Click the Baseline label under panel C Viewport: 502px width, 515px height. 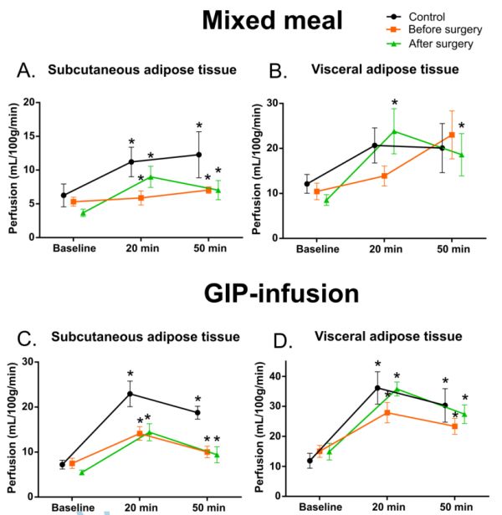point(74,507)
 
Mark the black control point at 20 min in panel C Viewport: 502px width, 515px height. point(131,394)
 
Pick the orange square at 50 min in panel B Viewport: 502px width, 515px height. point(452,135)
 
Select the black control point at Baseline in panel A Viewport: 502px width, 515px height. point(64,195)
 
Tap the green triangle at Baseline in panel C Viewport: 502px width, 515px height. point(82,472)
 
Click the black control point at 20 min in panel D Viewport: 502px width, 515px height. point(377,387)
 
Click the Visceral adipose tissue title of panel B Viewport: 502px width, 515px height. point(389,69)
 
